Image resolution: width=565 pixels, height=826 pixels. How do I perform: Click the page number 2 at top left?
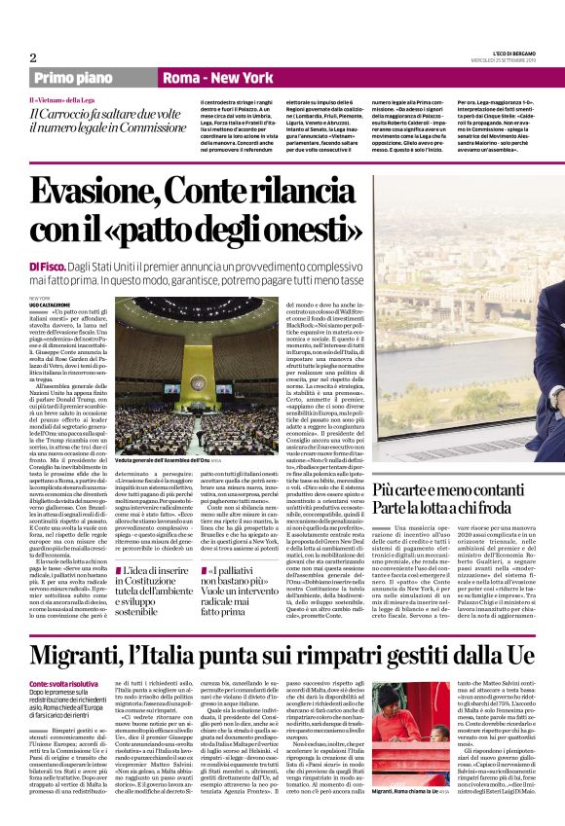(x=33, y=57)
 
